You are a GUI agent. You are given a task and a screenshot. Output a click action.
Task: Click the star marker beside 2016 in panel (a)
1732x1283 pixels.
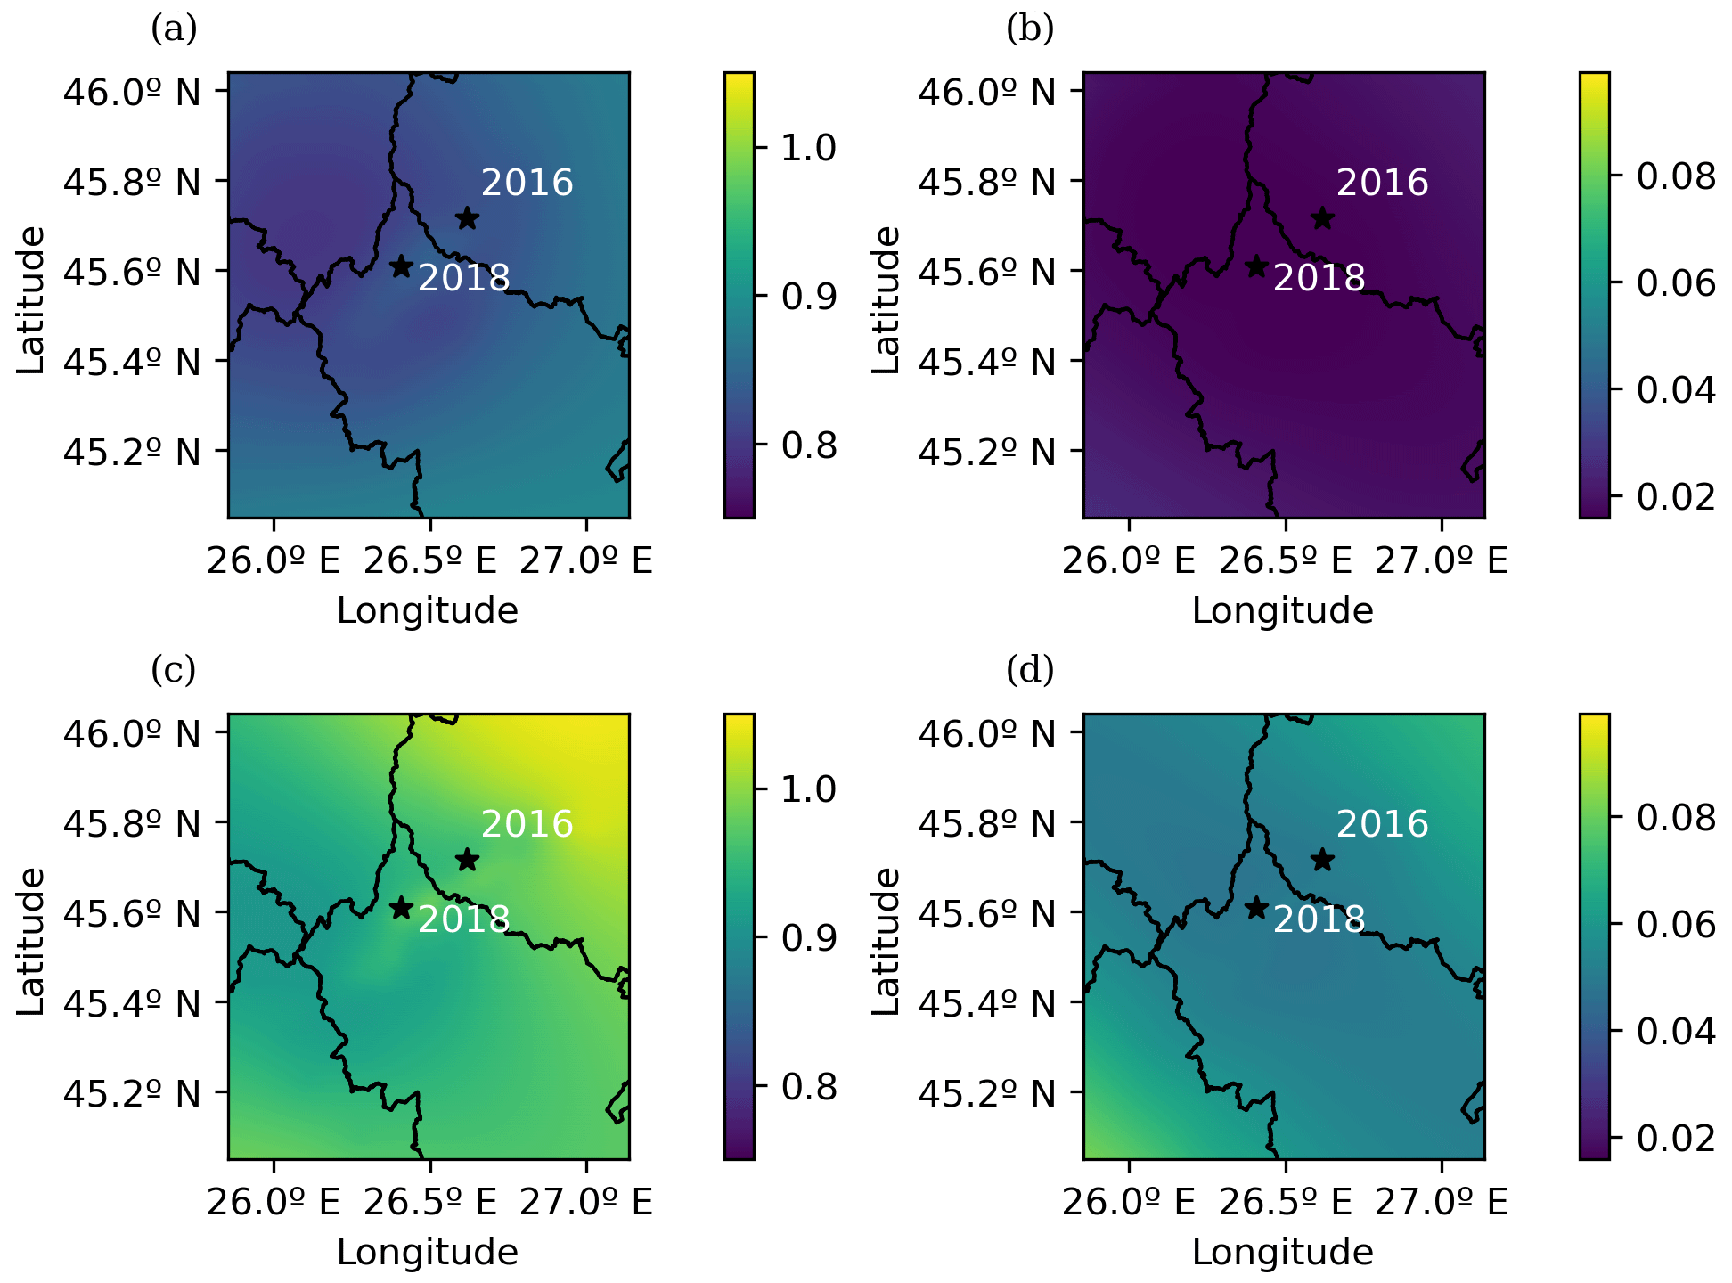[467, 218]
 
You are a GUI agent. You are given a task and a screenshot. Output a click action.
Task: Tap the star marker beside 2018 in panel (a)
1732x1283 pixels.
[401, 266]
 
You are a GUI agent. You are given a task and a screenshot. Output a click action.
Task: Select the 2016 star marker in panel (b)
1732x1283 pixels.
[1322, 218]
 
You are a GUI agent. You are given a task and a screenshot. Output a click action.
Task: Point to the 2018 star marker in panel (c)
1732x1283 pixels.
[401, 908]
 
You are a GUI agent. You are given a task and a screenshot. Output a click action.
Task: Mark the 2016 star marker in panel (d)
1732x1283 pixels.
[1322, 860]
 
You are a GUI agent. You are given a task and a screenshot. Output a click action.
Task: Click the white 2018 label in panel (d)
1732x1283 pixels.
[1319, 919]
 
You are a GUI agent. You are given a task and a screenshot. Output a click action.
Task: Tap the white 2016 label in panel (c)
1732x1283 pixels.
[527, 824]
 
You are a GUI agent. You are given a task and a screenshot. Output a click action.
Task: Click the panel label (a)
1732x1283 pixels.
[174, 29]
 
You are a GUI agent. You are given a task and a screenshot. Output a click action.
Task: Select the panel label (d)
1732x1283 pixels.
[1030, 669]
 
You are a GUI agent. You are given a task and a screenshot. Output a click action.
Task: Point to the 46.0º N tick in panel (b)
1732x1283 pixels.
[987, 92]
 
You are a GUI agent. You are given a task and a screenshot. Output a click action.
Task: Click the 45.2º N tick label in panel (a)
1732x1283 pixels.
[132, 453]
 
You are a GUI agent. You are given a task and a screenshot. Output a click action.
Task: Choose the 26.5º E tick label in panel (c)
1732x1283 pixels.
[429, 1202]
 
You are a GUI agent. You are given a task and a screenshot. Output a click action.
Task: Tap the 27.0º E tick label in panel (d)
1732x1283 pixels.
[1442, 1202]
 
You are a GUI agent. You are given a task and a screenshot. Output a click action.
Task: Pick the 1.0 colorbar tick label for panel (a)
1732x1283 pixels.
[809, 148]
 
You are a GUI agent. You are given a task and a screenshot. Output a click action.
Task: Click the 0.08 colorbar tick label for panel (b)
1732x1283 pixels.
[1676, 176]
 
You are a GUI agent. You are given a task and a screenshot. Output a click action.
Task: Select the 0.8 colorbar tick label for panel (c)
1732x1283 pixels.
[809, 1087]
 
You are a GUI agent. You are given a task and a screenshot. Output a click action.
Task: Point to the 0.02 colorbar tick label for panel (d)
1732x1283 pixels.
[1676, 1139]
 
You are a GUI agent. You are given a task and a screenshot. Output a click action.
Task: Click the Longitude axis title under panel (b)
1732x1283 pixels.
[1283, 611]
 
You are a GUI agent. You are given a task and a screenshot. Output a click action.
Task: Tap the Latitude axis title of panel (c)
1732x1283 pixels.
[31, 941]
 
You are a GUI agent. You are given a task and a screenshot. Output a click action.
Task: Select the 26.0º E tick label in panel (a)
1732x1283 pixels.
[274, 560]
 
